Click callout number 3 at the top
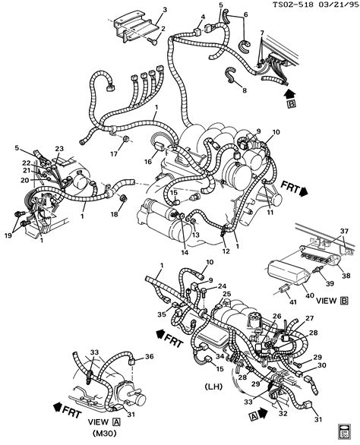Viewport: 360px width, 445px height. [x=164, y=11]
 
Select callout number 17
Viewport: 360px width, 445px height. [x=114, y=154]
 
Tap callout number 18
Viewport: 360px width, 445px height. [x=115, y=214]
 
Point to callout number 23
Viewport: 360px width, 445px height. [x=60, y=148]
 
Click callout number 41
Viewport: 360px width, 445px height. [x=292, y=302]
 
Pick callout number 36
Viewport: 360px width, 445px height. [x=150, y=356]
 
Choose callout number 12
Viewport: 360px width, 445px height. [x=226, y=251]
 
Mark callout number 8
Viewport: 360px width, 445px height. [x=245, y=90]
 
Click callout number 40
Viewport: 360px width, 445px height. [x=310, y=295]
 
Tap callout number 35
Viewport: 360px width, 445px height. [x=162, y=314]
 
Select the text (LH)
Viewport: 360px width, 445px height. [x=213, y=387]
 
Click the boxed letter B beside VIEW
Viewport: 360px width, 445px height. [x=344, y=301]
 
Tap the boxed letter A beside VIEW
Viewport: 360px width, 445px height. [x=116, y=422]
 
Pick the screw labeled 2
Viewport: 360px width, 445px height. [x=153, y=42]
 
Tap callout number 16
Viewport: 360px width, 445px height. [x=148, y=162]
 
